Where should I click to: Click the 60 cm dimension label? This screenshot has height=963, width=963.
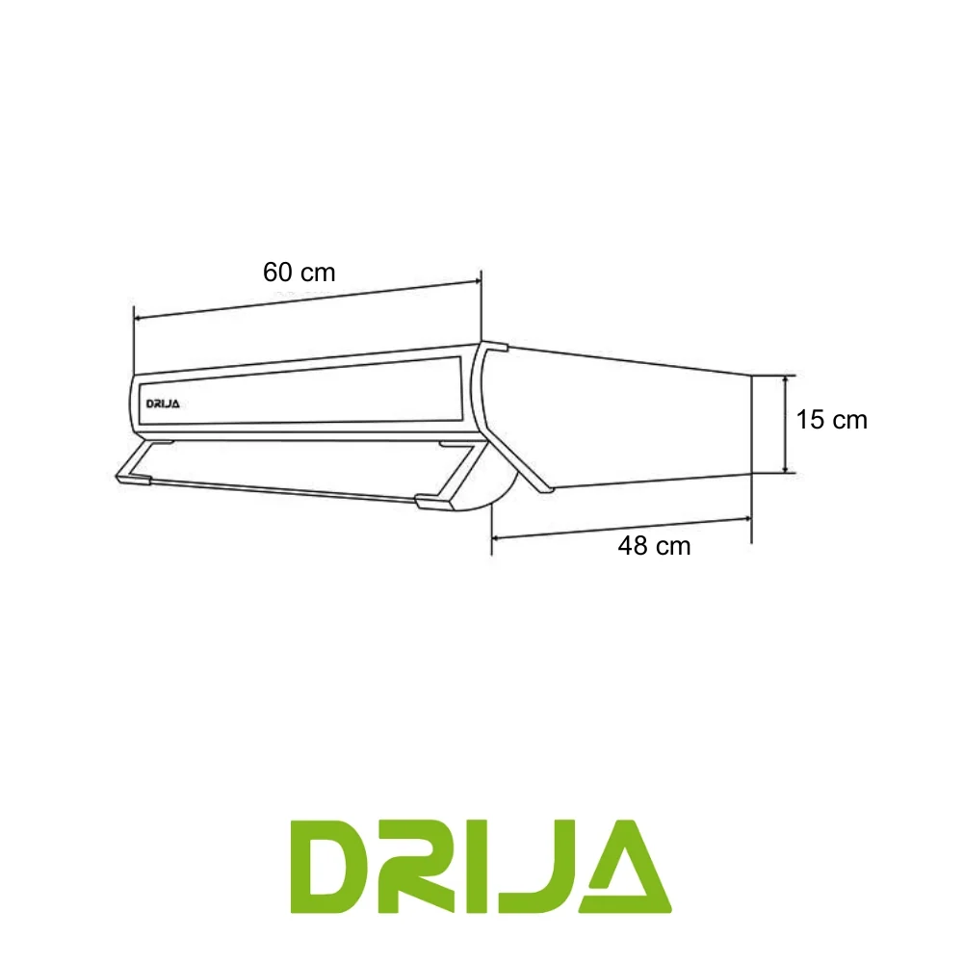coord(299,273)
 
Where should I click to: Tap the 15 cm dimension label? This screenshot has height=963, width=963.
coord(832,420)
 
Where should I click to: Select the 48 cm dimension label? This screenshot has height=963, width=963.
coord(654,546)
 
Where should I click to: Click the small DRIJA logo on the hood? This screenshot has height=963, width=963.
coord(163,404)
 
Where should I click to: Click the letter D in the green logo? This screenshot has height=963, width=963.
coord(331,866)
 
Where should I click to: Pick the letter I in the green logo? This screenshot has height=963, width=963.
coord(479,866)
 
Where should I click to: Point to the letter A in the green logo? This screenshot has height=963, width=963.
coord(630,866)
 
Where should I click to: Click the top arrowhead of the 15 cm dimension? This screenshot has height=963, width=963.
coord(786,380)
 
